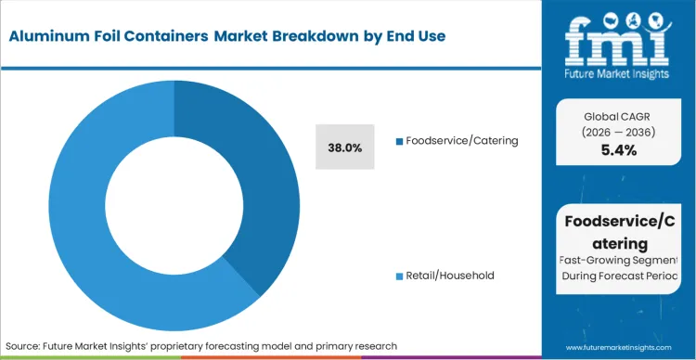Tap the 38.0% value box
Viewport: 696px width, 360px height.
pyautogui.click(x=345, y=148)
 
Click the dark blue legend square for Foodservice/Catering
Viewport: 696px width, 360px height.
pyautogui.click(x=399, y=141)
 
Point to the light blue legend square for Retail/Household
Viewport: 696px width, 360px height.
pyautogui.click(x=399, y=276)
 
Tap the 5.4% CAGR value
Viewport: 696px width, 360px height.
pyautogui.click(x=619, y=150)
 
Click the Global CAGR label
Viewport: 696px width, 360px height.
pyautogui.click(x=619, y=115)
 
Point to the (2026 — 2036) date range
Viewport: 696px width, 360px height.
pyautogui.click(x=619, y=132)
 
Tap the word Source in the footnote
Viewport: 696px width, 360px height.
pyautogui.click(x=25, y=346)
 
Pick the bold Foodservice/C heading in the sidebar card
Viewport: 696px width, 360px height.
pyautogui.click(x=619, y=221)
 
